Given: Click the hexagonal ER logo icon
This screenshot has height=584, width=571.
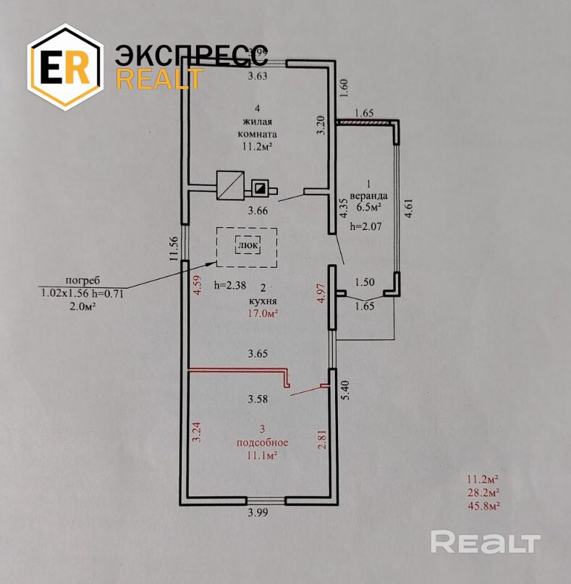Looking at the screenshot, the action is pyautogui.click(x=64, y=67).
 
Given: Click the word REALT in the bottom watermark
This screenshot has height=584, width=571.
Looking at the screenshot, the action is pyautogui.click(x=486, y=541).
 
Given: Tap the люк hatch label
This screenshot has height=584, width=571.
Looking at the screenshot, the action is pyautogui.click(x=247, y=245).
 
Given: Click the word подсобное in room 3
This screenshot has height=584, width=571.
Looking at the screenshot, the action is pyautogui.click(x=262, y=442).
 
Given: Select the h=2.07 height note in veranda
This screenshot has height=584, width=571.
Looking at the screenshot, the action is pyautogui.click(x=365, y=226).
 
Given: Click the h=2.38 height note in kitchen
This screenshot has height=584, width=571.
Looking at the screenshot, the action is pyautogui.click(x=232, y=285).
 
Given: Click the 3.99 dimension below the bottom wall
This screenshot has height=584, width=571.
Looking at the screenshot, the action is pyautogui.click(x=258, y=514).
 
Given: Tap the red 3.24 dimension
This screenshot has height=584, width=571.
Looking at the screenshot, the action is pyautogui.click(x=195, y=431).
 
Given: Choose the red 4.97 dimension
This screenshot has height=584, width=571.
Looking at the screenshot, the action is pyautogui.click(x=322, y=297).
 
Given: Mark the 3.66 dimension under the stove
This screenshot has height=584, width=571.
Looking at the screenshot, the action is pyautogui.click(x=259, y=211).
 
